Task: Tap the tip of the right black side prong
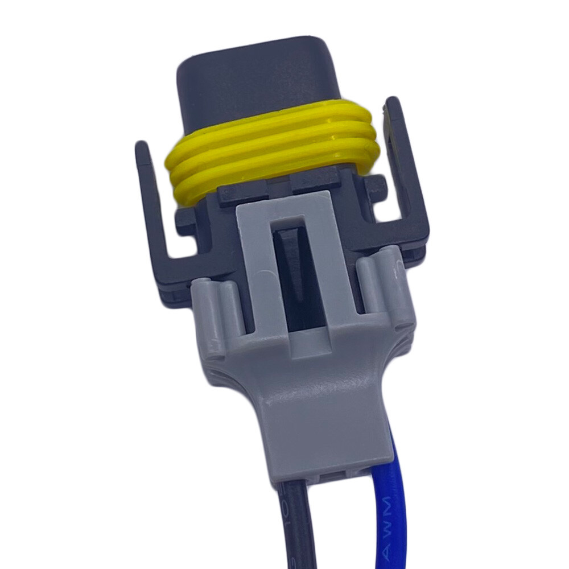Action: tap(394, 105)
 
